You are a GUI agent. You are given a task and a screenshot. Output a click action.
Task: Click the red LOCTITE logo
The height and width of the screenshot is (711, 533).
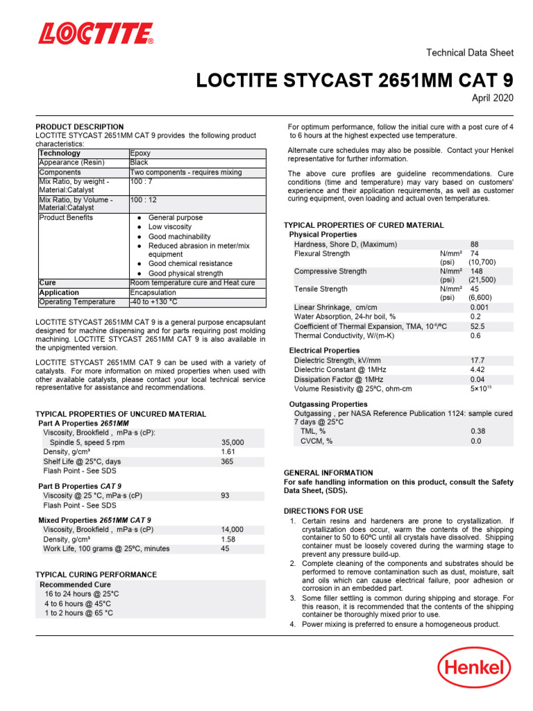point(96,33)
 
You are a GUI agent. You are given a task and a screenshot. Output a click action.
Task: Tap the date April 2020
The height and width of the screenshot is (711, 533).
point(492,99)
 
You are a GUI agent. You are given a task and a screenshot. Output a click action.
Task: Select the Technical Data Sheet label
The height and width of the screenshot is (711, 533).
point(469,53)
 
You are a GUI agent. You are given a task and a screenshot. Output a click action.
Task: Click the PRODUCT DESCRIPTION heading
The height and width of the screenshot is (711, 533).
point(80,127)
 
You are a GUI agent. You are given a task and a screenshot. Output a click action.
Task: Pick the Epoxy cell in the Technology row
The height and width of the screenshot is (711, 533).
point(140,153)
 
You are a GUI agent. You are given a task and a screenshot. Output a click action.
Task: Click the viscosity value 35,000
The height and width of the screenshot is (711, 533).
point(232,442)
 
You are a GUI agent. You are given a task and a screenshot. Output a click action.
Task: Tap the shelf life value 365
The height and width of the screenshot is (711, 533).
point(226,461)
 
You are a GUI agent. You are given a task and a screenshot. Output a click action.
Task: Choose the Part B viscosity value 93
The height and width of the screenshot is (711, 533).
point(225,496)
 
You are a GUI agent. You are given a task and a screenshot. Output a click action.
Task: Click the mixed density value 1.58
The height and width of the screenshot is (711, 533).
point(228,539)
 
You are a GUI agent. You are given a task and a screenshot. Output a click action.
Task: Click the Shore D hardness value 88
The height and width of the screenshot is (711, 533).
point(475,244)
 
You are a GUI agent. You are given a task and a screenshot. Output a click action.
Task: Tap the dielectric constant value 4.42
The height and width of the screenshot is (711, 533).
point(477,370)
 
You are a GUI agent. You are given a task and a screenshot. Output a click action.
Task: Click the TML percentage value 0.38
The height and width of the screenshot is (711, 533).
point(477,431)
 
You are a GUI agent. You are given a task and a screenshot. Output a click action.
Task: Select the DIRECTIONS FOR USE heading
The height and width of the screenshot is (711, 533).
point(323,511)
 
